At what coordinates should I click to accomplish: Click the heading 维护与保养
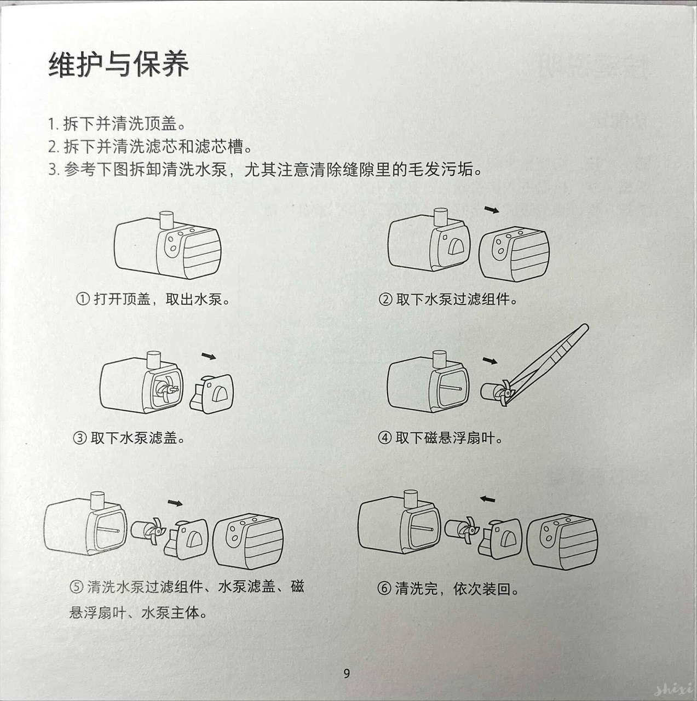click(118, 64)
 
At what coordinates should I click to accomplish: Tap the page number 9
click(347, 674)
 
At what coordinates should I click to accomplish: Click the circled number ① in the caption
click(82, 300)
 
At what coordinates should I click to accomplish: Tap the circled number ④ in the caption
click(384, 438)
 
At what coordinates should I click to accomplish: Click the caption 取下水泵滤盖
click(137, 438)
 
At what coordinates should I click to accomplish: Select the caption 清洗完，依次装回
click(456, 589)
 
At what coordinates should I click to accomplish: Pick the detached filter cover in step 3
click(212, 392)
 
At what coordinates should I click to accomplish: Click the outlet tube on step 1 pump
click(165, 221)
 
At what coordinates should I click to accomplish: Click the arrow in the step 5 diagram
click(175, 503)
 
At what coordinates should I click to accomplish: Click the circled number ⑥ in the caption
click(384, 589)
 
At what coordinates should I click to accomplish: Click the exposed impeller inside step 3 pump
click(165, 388)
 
